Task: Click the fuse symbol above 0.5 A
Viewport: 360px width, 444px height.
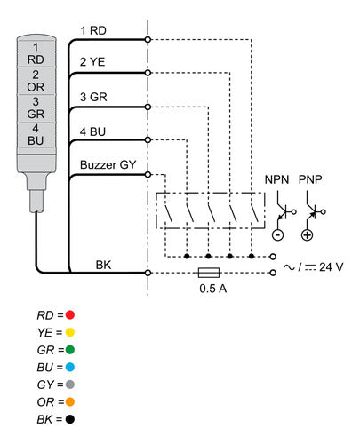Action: tap(209, 273)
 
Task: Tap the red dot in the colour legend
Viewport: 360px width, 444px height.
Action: tap(70, 314)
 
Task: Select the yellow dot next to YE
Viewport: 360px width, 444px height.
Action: tap(70, 332)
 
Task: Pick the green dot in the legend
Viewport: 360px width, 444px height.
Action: tap(70, 350)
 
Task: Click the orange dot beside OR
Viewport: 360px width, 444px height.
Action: tap(70, 402)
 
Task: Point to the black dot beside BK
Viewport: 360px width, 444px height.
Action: tap(70, 419)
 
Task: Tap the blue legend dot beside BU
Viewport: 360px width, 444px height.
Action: tap(70, 367)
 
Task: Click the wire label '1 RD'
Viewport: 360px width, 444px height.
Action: tap(93, 30)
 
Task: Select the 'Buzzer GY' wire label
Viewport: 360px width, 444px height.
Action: tap(108, 164)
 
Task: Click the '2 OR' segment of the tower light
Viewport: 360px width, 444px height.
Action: tap(36, 81)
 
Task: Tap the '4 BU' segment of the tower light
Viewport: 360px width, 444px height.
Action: tap(36, 135)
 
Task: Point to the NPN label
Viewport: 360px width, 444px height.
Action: tap(276, 179)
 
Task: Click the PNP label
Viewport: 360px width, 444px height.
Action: tap(310, 179)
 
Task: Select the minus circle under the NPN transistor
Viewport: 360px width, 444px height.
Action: tap(278, 235)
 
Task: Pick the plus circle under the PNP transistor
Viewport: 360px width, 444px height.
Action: tap(308, 235)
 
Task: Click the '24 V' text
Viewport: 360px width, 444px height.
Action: tap(332, 267)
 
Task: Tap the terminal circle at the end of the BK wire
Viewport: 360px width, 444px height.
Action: tap(148, 273)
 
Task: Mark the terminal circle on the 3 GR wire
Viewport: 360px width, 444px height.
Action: tap(148, 107)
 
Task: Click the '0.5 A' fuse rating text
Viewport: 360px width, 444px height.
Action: tap(213, 289)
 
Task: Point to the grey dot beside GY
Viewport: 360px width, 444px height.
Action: tap(70, 385)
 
